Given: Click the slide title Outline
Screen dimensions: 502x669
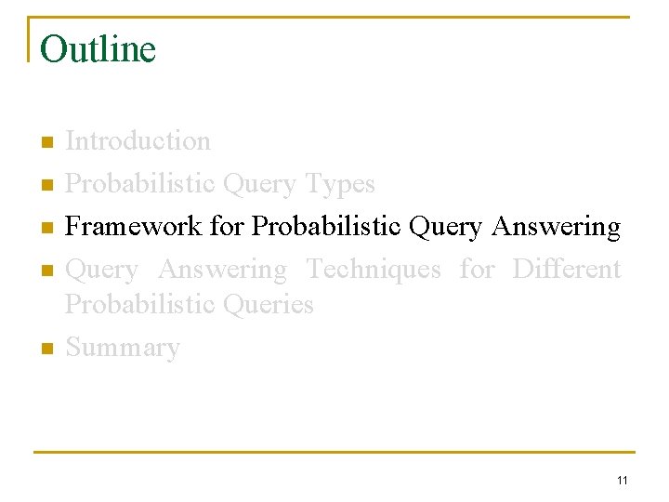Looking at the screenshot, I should tap(98, 49).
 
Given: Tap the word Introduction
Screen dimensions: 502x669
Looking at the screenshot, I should tap(138, 141).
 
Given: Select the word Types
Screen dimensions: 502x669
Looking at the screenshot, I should tap(340, 184).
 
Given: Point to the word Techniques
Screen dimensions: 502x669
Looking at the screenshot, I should tap(374, 270).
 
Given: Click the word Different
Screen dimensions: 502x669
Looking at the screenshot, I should tap(566, 270).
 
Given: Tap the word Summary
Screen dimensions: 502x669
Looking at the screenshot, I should tap(123, 348).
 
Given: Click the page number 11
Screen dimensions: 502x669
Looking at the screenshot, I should tap(622, 480).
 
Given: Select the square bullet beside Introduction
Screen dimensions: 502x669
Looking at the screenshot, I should tap(46, 143).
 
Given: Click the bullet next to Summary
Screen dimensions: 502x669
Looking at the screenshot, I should tap(46, 350).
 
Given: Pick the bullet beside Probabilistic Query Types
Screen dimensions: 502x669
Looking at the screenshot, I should tap(46, 186).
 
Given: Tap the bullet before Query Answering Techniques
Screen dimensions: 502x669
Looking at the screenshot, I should tap(46, 271).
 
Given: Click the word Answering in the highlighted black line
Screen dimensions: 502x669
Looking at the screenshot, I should tap(556, 227).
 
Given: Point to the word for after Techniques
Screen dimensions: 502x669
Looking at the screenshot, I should tap(477, 270).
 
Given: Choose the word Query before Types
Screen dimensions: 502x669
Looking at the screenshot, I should tap(262, 184).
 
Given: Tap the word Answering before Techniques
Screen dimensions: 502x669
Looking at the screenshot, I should tap(222, 270).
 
